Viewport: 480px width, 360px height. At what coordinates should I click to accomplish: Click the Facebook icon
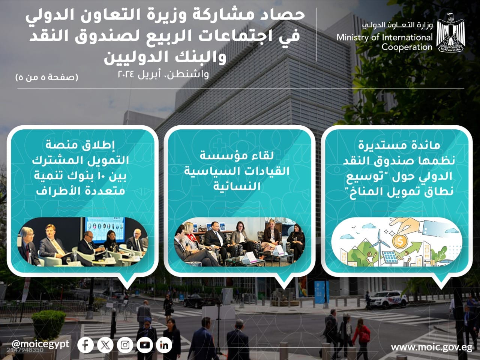click(x=85, y=345)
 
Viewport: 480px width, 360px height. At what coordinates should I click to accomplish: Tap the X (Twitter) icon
click(x=105, y=345)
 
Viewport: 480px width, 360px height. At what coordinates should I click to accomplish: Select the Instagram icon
click(x=125, y=345)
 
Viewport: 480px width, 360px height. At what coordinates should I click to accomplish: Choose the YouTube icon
click(x=144, y=345)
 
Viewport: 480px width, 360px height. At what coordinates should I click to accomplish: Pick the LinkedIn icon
click(x=164, y=345)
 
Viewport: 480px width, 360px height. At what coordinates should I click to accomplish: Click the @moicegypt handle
click(x=40, y=344)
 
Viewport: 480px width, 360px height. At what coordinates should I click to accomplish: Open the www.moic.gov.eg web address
click(x=432, y=347)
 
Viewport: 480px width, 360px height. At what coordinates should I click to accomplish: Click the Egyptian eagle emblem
click(x=450, y=32)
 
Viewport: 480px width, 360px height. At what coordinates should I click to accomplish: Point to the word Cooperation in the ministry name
click(x=407, y=47)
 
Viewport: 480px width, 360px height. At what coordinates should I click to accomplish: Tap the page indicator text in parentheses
click(x=47, y=77)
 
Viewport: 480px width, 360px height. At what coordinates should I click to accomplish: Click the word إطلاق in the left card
click(x=102, y=145)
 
